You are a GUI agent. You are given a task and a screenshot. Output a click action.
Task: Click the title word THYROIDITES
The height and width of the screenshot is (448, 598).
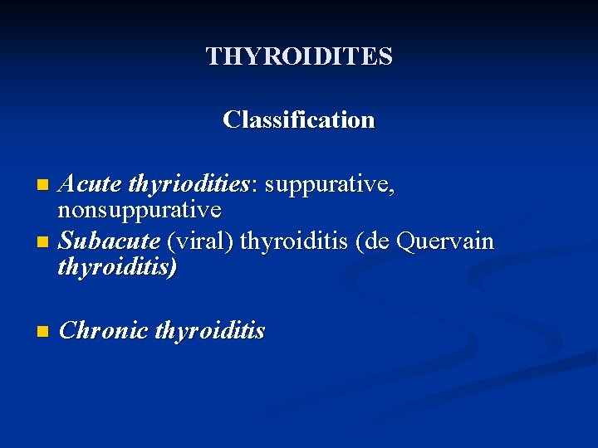[299, 56]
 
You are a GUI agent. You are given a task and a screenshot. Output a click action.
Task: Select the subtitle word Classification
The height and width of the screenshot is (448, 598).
[299, 119]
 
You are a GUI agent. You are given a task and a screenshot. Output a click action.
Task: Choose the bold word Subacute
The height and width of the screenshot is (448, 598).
[110, 241]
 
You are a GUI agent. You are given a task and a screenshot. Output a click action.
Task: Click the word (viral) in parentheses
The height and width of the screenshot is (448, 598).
[202, 241]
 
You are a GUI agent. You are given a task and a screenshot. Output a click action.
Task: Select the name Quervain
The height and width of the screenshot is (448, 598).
[445, 241]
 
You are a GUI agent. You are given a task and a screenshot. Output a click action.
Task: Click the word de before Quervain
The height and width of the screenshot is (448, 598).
[379, 241]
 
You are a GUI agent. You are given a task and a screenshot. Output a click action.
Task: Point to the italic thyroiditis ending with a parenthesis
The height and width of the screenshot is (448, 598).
[117, 267]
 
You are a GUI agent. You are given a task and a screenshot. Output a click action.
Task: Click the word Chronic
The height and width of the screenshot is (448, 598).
[103, 331]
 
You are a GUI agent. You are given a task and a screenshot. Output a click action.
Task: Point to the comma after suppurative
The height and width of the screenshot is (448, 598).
[392, 190]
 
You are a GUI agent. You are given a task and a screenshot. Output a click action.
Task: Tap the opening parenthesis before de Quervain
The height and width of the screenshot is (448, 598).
[360, 241]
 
